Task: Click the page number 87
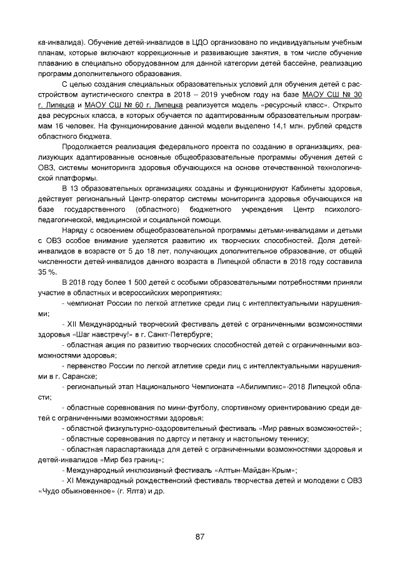point(200,537)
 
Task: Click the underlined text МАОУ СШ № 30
point(332,94)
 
